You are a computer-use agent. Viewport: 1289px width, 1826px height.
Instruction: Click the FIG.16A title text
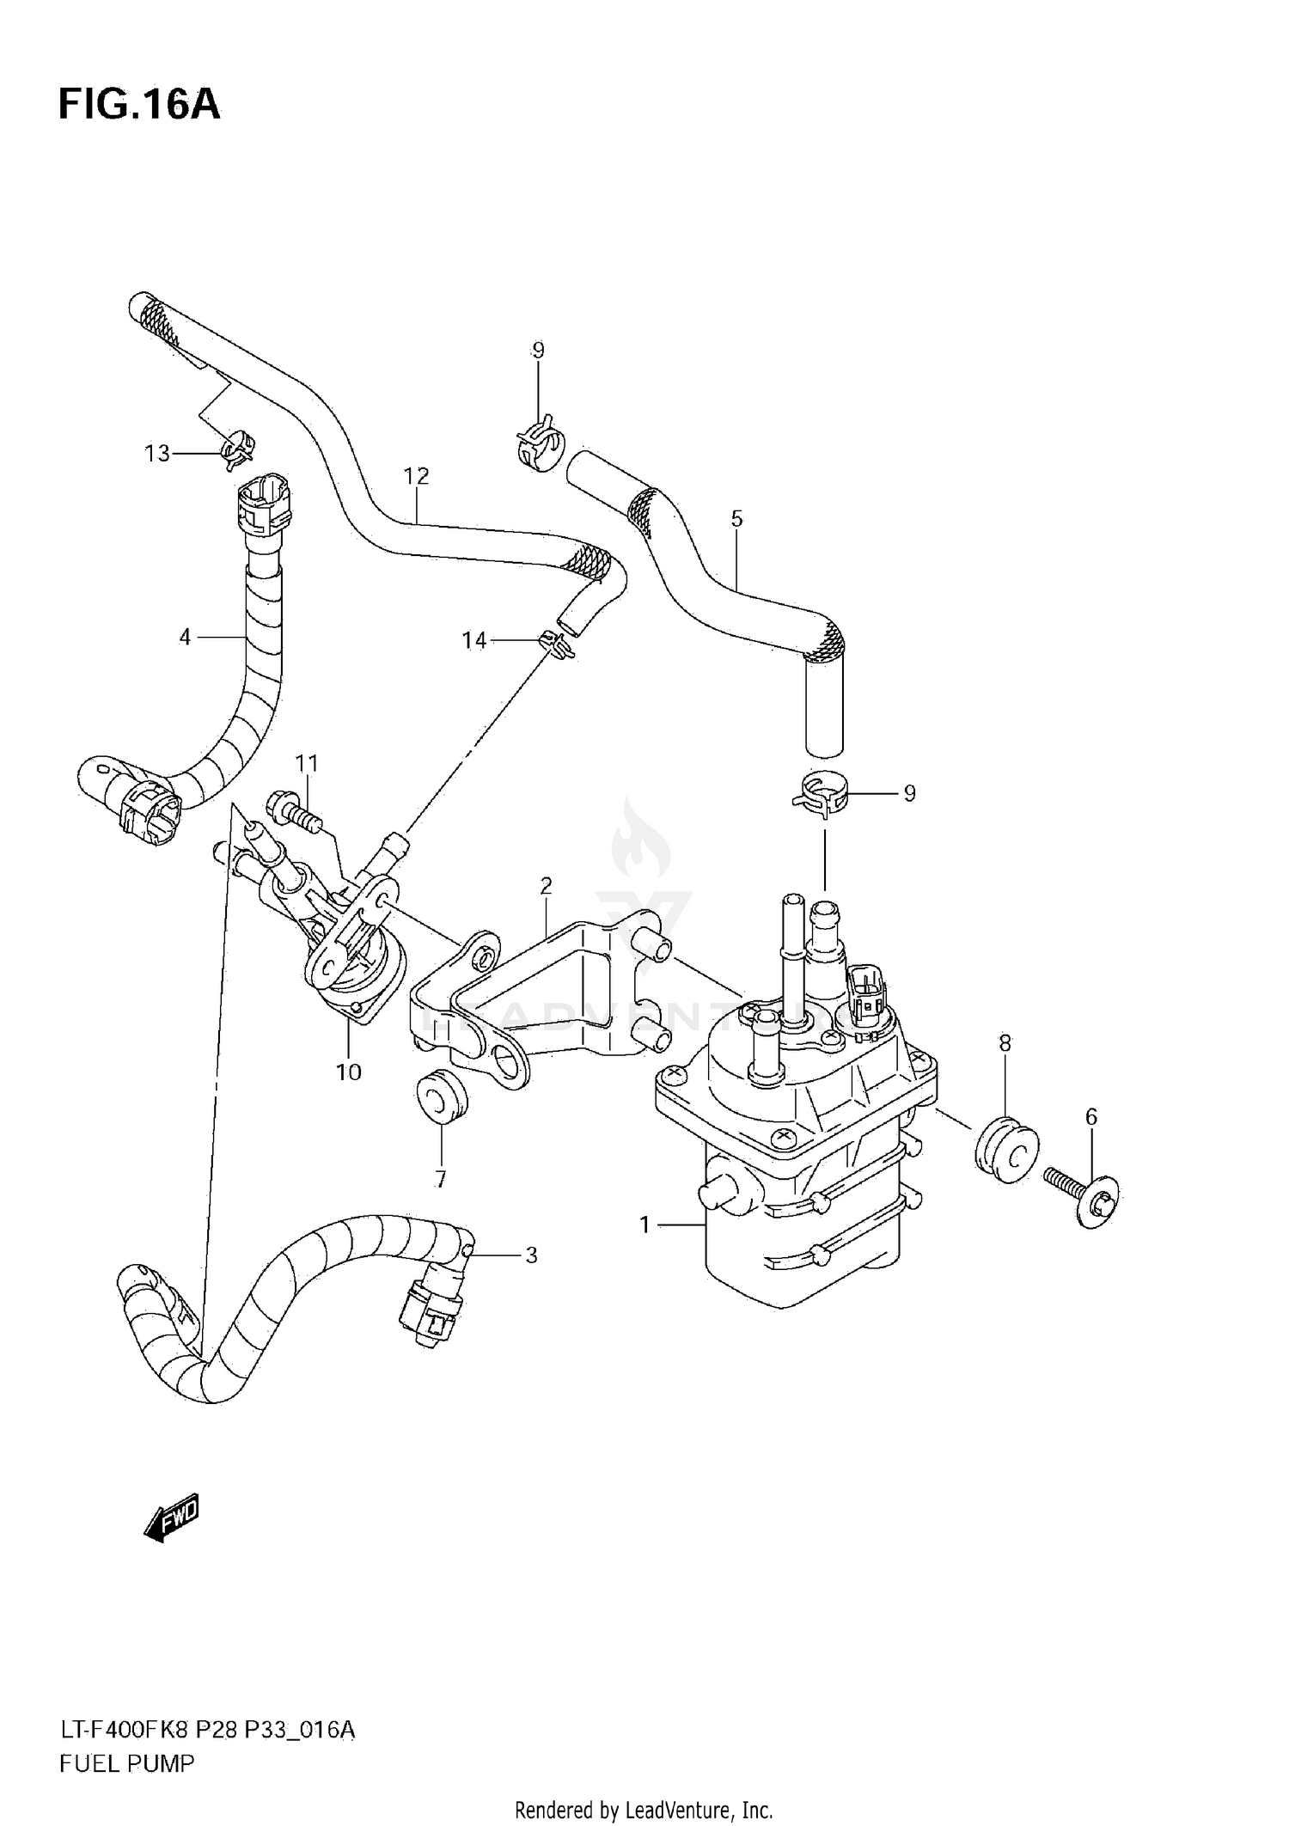[x=139, y=105]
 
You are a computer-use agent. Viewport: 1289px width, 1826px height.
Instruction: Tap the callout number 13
[x=157, y=454]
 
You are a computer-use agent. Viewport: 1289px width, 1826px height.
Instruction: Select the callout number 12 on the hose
[x=416, y=475]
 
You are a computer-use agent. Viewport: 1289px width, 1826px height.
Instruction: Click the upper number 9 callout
[x=538, y=350]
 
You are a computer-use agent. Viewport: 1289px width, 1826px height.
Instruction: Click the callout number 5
[x=736, y=518]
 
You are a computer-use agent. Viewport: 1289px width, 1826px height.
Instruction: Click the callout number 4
[x=185, y=637]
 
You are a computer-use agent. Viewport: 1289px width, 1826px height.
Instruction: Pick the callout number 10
[x=349, y=1072]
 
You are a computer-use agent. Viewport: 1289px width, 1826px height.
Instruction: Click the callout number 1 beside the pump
[x=645, y=1225]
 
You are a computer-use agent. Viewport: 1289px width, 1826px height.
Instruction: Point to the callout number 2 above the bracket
[x=546, y=885]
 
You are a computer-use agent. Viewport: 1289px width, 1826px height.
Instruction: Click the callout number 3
[x=531, y=1255]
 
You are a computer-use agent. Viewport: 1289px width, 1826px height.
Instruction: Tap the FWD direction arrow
[x=172, y=1520]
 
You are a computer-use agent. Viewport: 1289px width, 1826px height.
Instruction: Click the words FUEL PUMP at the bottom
[x=127, y=1763]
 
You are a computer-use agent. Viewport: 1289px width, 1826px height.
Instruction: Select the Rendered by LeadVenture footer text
[x=644, y=1811]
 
